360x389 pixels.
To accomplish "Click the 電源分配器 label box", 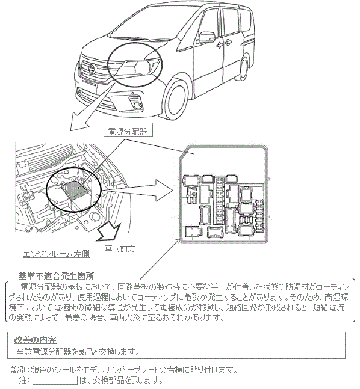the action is click(x=128, y=130).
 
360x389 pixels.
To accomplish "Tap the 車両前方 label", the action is click(x=120, y=248).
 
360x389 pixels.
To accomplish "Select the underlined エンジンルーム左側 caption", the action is click(x=57, y=254).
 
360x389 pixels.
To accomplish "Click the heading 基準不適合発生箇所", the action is click(x=56, y=276).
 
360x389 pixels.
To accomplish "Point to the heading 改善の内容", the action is click(x=35, y=340).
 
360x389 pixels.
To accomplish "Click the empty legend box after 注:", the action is click(x=55, y=381).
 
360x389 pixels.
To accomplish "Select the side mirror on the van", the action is click(x=206, y=37).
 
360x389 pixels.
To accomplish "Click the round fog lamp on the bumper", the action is click(x=137, y=106).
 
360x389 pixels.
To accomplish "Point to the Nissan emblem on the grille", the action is click(x=92, y=68).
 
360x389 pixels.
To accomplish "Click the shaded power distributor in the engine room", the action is click(x=75, y=190).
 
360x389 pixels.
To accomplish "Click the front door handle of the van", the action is click(x=220, y=45).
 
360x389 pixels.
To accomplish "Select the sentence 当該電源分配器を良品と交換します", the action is click(x=78, y=352).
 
